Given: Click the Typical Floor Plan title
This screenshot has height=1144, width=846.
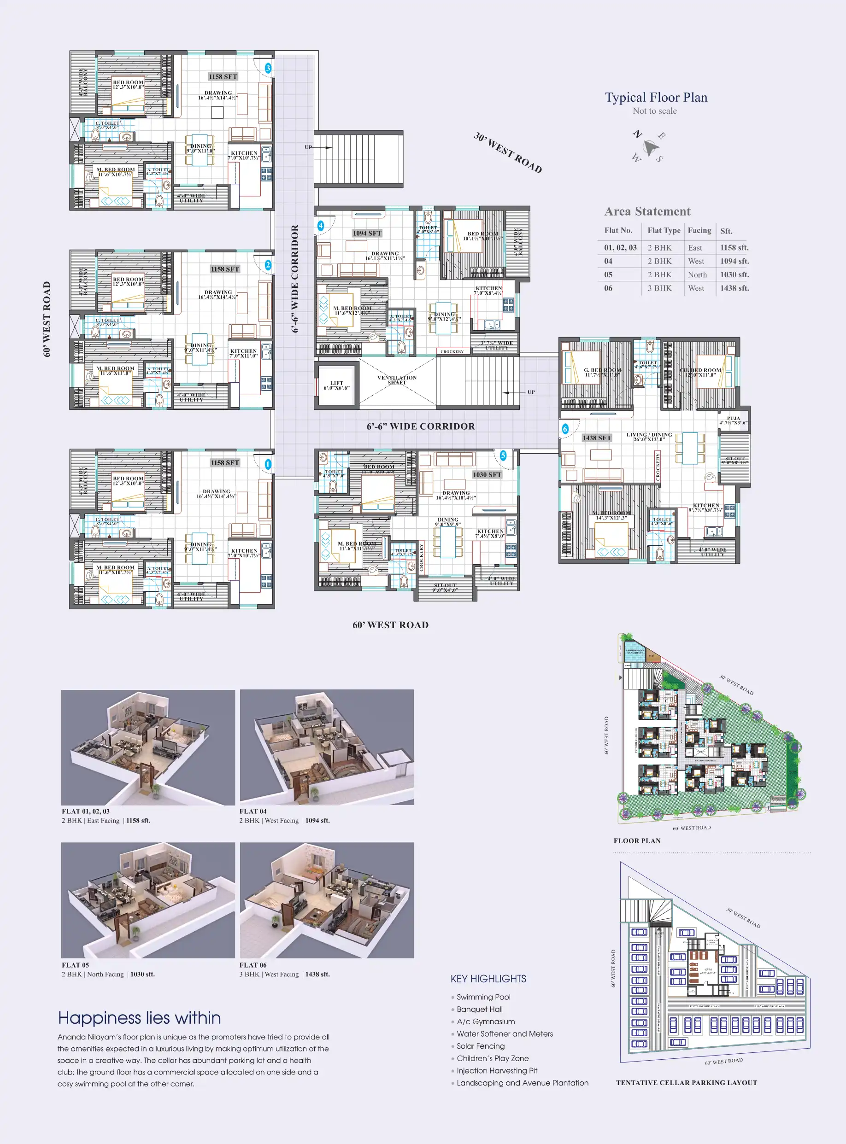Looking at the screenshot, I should coord(656,97).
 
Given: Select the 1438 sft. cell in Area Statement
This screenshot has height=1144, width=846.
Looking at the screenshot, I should coord(734,288).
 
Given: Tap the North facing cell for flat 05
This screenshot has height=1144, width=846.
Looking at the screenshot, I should coord(697,275).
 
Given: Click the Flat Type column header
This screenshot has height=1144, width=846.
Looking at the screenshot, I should coord(663,230).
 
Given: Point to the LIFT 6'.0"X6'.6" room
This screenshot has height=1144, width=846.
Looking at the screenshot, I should coord(336,385).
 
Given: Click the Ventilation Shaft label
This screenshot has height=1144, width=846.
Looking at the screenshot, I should coord(397,380).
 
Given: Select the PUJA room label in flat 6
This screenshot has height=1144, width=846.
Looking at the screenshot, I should coord(733,420).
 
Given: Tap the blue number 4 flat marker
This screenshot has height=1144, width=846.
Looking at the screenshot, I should coord(321,226).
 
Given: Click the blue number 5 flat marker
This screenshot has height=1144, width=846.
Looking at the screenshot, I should coord(503,455).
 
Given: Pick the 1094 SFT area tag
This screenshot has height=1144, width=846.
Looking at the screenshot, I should coord(367,233).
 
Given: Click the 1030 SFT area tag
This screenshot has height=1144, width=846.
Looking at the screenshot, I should coord(487,474).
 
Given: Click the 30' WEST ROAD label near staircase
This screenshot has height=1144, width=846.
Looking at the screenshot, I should coord(507,152).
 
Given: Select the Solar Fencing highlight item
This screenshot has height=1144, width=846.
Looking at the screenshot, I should coord(480,1046).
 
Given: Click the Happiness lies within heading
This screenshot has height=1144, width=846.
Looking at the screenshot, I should coord(139,1017).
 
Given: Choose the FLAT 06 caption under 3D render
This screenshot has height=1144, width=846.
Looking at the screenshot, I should coord(253,965).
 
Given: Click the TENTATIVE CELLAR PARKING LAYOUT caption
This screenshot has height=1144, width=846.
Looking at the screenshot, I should coord(686,1083).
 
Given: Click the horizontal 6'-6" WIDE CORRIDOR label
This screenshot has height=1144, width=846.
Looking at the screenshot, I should coord(420,426).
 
